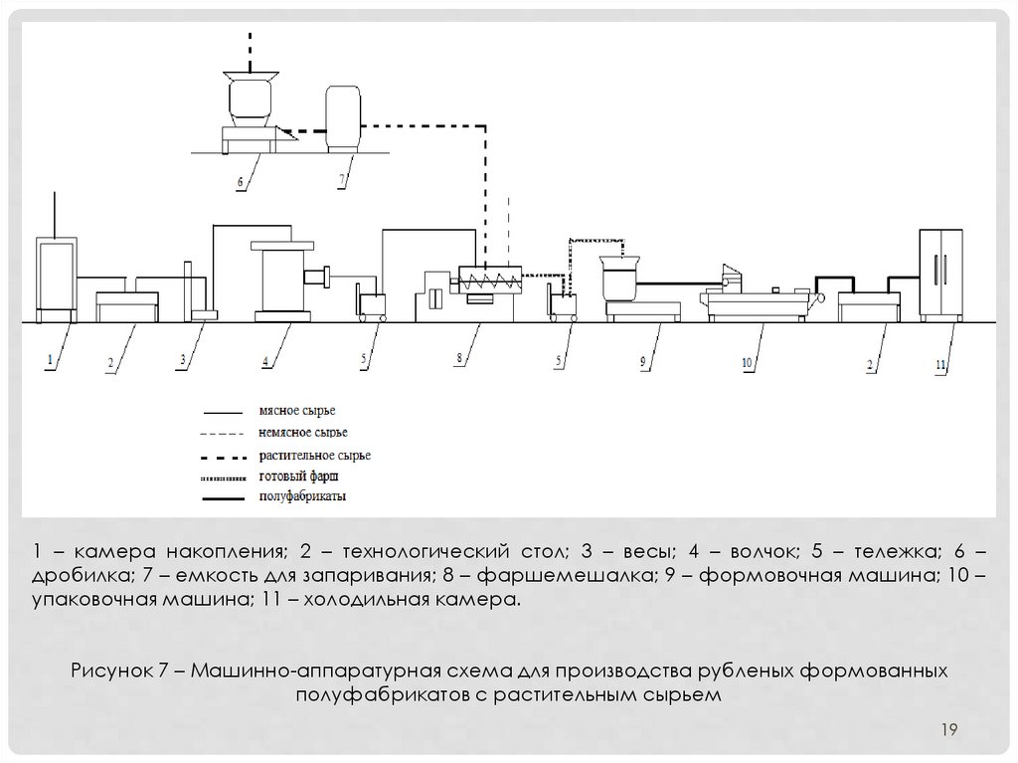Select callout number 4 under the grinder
(265, 361)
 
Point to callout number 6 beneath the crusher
(240, 182)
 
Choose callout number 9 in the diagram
(643, 361)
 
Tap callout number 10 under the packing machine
(746, 363)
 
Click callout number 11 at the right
(939, 364)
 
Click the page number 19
(948, 732)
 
